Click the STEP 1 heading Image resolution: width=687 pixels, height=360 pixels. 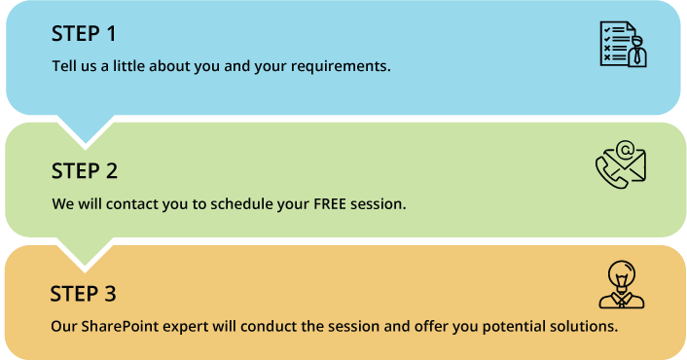coord(84,34)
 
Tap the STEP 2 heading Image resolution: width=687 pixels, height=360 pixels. coord(85,171)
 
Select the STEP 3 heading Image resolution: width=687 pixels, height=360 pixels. coord(83,294)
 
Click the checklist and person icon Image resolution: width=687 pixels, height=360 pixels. coord(623,45)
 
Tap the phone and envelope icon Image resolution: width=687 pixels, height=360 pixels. coord(621,164)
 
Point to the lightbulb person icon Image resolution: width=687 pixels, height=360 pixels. coord(622,285)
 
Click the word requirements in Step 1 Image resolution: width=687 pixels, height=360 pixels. coord(343,67)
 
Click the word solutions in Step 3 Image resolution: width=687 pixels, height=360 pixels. coord(584,326)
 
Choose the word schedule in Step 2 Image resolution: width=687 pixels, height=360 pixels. coord(226,205)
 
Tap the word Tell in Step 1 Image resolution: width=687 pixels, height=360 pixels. coord(63,67)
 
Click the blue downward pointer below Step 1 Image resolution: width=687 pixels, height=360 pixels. coord(85,129)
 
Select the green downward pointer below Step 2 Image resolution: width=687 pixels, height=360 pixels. coord(85,252)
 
